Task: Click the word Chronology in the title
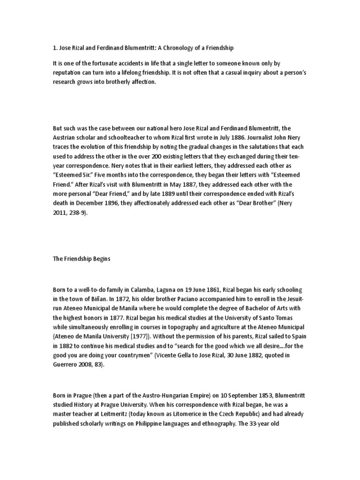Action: click(x=182, y=48)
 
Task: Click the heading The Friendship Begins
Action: click(x=82, y=259)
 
